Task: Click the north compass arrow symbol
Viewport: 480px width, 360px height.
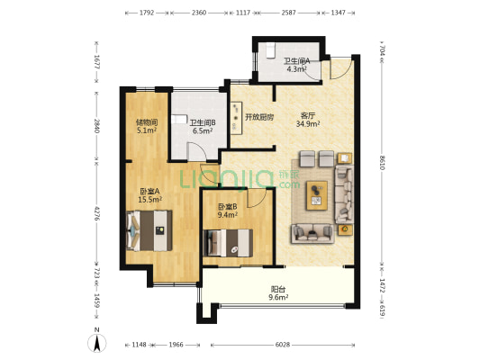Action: pyautogui.click(x=97, y=343)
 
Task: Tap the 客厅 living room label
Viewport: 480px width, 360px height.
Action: pyautogui.click(x=308, y=116)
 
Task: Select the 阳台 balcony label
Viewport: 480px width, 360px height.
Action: pyautogui.click(x=278, y=289)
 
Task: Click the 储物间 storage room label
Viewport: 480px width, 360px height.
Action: pyautogui.click(x=147, y=122)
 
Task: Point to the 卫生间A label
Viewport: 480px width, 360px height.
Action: pyautogui.click(x=296, y=61)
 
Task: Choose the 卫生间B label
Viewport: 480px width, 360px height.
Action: pyautogui.click(x=203, y=123)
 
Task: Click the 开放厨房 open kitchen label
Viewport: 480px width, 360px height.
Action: pyautogui.click(x=259, y=117)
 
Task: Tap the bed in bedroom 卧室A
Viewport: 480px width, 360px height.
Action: pyautogui.click(x=149, y=230)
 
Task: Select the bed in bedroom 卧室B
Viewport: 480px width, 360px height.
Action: pyautogui.click(x=228, y=243)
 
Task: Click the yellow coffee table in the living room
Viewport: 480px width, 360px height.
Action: pyautogui.click(x=317, y=195)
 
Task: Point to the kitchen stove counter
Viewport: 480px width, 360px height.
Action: pyautogui.click(x=236, y=119)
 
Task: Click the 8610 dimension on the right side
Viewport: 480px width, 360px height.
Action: pyautogui.click(x=382, y=162)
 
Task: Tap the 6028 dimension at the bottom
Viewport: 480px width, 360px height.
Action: pyautogui.click(x=282, y=345)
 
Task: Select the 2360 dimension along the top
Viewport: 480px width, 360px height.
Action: pyautogui.click(x=199, y=13)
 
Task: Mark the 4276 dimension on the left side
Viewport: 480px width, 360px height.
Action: pyautogui.click(x=97, y=213)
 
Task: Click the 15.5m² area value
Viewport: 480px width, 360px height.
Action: pyautogui.click(x=150, y=200)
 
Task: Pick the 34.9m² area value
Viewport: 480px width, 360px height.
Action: pyautogui.click(x=308, y=124)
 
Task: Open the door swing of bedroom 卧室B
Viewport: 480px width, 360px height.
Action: pyautogui.click(x=258, y=198)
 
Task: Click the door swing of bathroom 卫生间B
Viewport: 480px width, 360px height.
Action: pyautogui.click(x=197, y=152)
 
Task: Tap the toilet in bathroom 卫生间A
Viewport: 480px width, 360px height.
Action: pyautogui.click(x=270, y=51)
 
